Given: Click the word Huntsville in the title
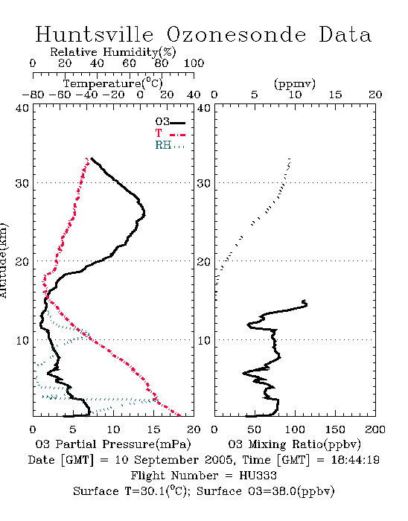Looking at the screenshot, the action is pos(95,34).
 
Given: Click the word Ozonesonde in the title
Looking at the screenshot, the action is pos(235,34).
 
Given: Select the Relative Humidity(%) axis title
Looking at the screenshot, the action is pos(113,52).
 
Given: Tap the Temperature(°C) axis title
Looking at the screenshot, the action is pos(113,83).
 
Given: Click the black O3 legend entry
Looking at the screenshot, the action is pos(170,122).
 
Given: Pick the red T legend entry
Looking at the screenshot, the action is pos(170,134).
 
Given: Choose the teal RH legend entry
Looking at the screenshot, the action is pos(170,146).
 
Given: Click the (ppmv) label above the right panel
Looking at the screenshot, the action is pos(295,83).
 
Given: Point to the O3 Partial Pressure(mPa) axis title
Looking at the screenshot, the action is pos(113,444).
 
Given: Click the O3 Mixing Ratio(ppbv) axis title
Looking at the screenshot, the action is pos(294,444).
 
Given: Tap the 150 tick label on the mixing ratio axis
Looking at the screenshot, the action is pos(335,429).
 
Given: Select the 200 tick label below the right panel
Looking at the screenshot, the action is pos(375,429).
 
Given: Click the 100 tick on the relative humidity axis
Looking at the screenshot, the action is pos(194,63).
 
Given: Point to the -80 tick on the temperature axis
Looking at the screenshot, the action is pos(33,95).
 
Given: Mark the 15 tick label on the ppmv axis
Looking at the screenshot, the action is pos(335,95).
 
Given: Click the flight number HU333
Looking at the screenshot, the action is pos(258,476).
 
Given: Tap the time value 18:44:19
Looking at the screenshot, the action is pos(355,460).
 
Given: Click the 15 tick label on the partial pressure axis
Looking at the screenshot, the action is pos(153,429).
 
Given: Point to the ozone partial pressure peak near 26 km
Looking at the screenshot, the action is pos(144,214).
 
